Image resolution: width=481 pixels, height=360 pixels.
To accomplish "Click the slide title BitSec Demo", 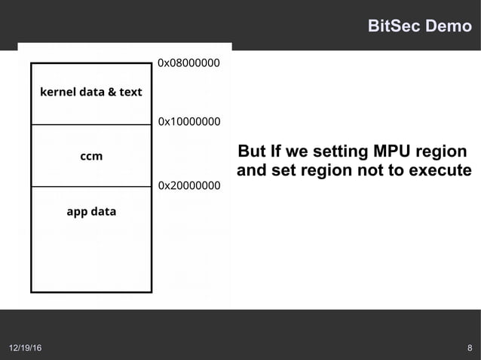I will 418,26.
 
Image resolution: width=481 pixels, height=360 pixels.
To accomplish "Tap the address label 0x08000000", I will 188,63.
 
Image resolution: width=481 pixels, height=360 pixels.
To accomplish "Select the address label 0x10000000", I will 189,121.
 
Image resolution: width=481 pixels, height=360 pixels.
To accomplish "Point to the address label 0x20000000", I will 189,185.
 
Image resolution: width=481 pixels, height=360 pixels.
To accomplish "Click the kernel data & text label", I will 90,92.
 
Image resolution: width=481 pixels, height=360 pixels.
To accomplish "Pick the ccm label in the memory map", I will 91,156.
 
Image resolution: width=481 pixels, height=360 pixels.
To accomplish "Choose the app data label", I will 91,212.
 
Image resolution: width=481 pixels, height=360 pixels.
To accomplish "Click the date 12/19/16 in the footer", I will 26,348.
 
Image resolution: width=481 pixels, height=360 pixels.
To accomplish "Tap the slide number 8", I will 470,348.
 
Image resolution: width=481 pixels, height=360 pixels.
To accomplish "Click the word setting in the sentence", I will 329,149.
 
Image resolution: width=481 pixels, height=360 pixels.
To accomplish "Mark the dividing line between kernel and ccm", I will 91,124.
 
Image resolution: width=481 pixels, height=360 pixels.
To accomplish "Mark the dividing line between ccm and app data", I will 91,186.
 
